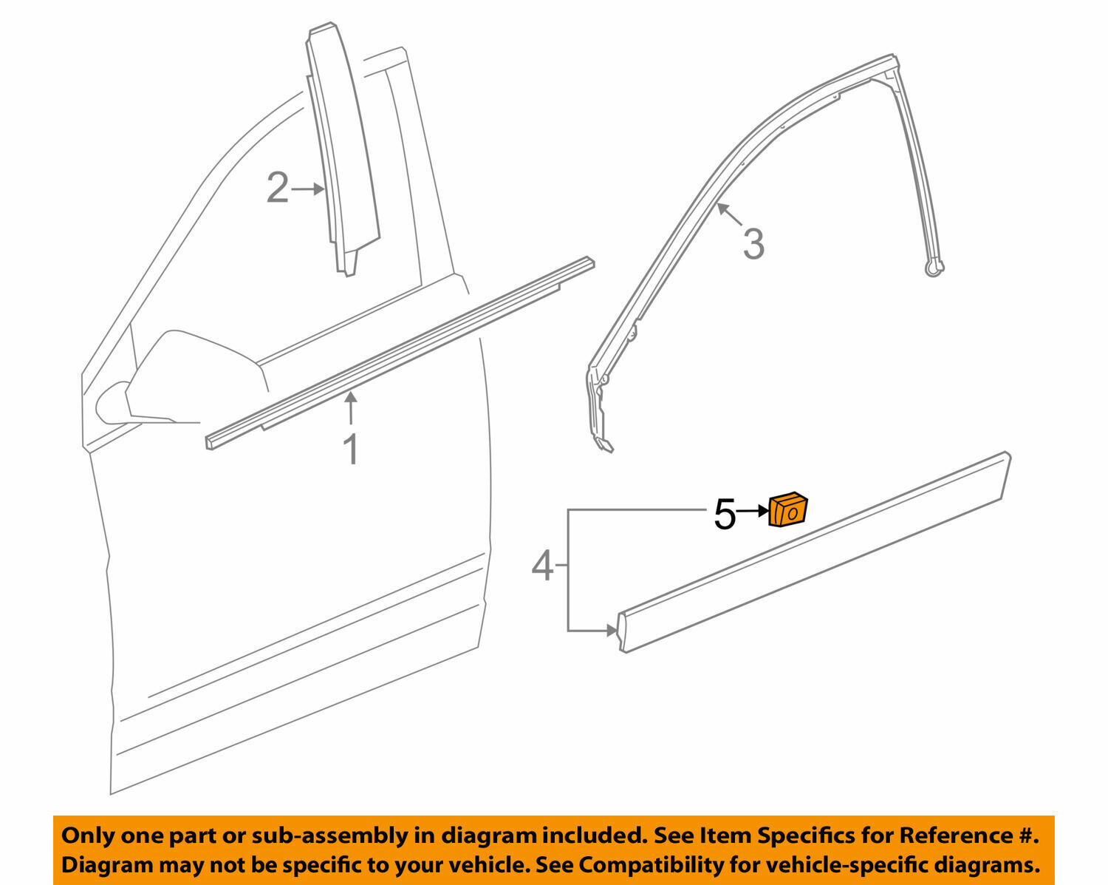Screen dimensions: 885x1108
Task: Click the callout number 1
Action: point(352,450)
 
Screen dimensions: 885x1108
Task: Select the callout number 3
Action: point(753,244)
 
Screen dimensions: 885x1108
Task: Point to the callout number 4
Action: point(542,566)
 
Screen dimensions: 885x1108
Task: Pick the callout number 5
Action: point(725,514)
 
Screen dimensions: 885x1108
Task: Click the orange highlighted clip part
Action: point(787,510)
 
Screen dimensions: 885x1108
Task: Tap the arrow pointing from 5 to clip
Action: point(753,511)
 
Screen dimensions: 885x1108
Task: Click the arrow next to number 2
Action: point(309,189)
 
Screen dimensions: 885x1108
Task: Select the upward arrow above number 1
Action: point(352,409)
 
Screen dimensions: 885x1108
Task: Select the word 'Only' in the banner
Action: point(86,835)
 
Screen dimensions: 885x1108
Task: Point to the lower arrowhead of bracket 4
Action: point(611,631)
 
